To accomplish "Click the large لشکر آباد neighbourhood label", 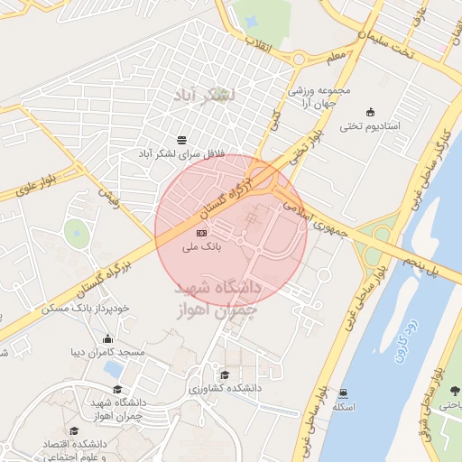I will [x=208, y=94].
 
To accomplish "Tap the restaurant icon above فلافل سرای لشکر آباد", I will [x=182, y=140].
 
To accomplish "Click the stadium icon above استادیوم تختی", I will [x=370, y=111].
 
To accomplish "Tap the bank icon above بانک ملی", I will [x=200, y=233].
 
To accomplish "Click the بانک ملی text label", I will [x=200, y=245].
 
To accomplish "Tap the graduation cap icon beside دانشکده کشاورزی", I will [x=224, y=374].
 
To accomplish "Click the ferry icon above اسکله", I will [x=344, y=393].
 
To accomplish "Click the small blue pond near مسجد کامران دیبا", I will [x=114, y=368].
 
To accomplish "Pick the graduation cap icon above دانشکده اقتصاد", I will [x=74, y=431].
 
